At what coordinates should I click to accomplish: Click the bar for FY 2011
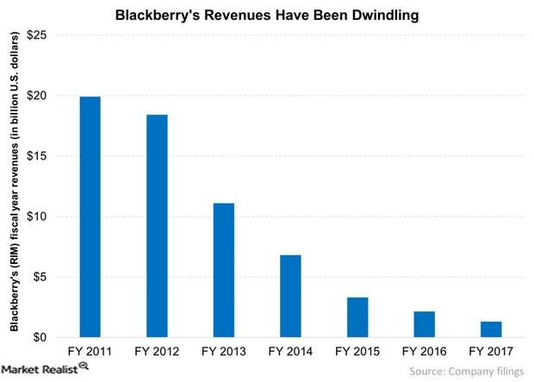[90, 216]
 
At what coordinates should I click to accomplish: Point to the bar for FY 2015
[357, 316]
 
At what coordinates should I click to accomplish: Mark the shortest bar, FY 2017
[491, 329]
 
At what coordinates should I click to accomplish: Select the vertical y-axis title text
[14, 185]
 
